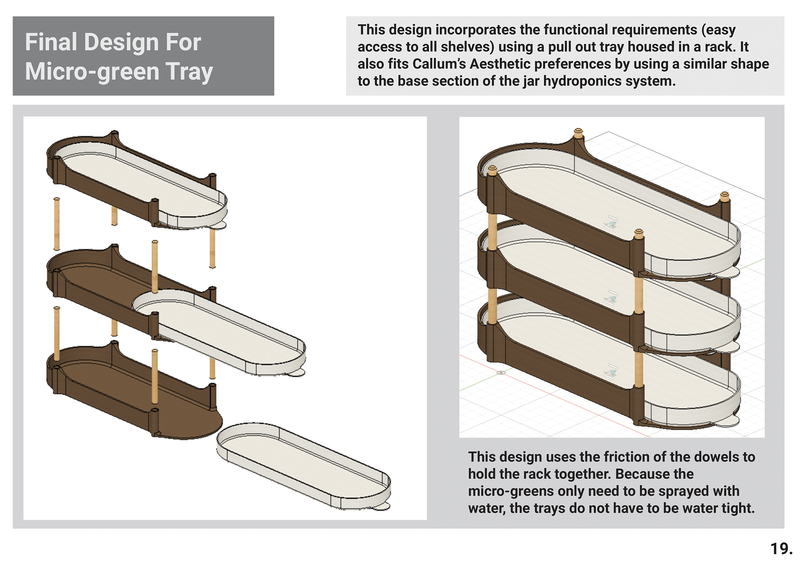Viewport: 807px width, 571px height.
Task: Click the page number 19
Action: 781,549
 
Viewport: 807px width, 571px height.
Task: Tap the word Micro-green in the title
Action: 90,71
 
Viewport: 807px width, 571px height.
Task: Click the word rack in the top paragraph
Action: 720,47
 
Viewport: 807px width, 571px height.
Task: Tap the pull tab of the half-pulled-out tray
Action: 296,372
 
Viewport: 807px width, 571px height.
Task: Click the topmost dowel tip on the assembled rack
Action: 578,132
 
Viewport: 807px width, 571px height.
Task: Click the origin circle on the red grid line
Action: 501,373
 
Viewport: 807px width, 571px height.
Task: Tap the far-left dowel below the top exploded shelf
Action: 57,223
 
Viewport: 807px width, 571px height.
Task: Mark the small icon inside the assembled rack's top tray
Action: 612,222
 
